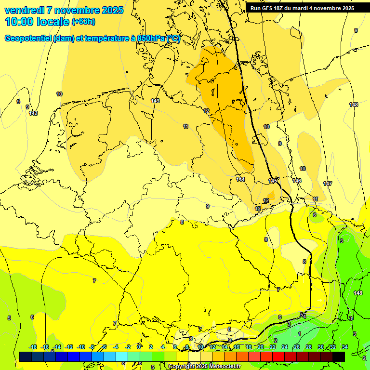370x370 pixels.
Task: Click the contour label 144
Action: [x=241, y=179]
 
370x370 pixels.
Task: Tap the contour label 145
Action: [x=273, y=181]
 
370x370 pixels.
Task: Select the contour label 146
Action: [x=297, y=181]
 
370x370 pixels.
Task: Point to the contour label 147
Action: [x=328, y=184]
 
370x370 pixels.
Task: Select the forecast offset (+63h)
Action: [x=83, y=22]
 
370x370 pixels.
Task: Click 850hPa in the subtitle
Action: [x=151, y=39]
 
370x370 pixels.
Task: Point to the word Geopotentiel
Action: [x=28, y=39]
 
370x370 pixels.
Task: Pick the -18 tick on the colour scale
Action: [x=33, y=347]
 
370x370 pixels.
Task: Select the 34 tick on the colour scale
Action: [x=345, y=347]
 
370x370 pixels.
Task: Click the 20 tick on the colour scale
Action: [x=261, y=347]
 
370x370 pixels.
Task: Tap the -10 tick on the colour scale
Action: [x=80, y=347]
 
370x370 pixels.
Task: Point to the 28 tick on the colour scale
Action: [x=309, y=347]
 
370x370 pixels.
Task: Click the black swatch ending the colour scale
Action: [x=339, y=357]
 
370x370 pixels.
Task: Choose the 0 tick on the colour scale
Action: [x=139, y=347]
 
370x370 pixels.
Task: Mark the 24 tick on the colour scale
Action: [x=285, y=347]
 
